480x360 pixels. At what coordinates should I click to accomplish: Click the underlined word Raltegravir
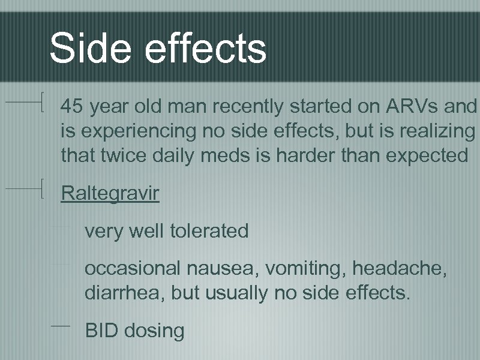tap(110, 194)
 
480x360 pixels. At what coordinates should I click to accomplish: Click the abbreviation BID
tap(101, 330)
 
